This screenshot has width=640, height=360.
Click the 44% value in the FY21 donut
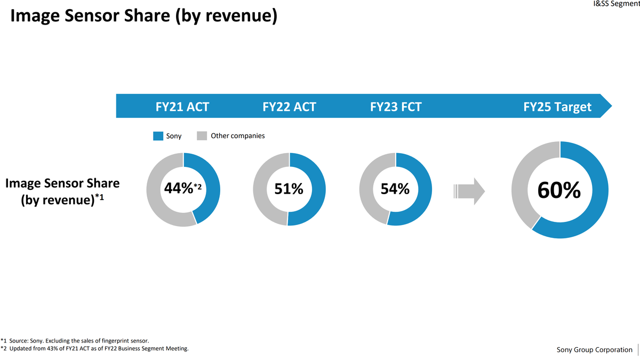point(178,189)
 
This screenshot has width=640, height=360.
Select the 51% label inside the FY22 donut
point(289,189)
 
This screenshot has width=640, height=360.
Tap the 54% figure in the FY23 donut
point(395,189)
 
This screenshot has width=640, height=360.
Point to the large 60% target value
point(559,190)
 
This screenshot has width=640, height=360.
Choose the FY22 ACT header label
point(289,107)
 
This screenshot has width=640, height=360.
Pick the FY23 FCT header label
point(396,107)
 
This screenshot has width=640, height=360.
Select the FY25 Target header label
point(558,107)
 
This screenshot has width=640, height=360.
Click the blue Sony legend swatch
point(158,136)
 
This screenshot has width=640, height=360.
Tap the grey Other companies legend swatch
point(202,136)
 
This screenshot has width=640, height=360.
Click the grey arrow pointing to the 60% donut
point(469,190)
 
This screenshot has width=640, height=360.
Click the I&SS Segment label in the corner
point(616,4)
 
